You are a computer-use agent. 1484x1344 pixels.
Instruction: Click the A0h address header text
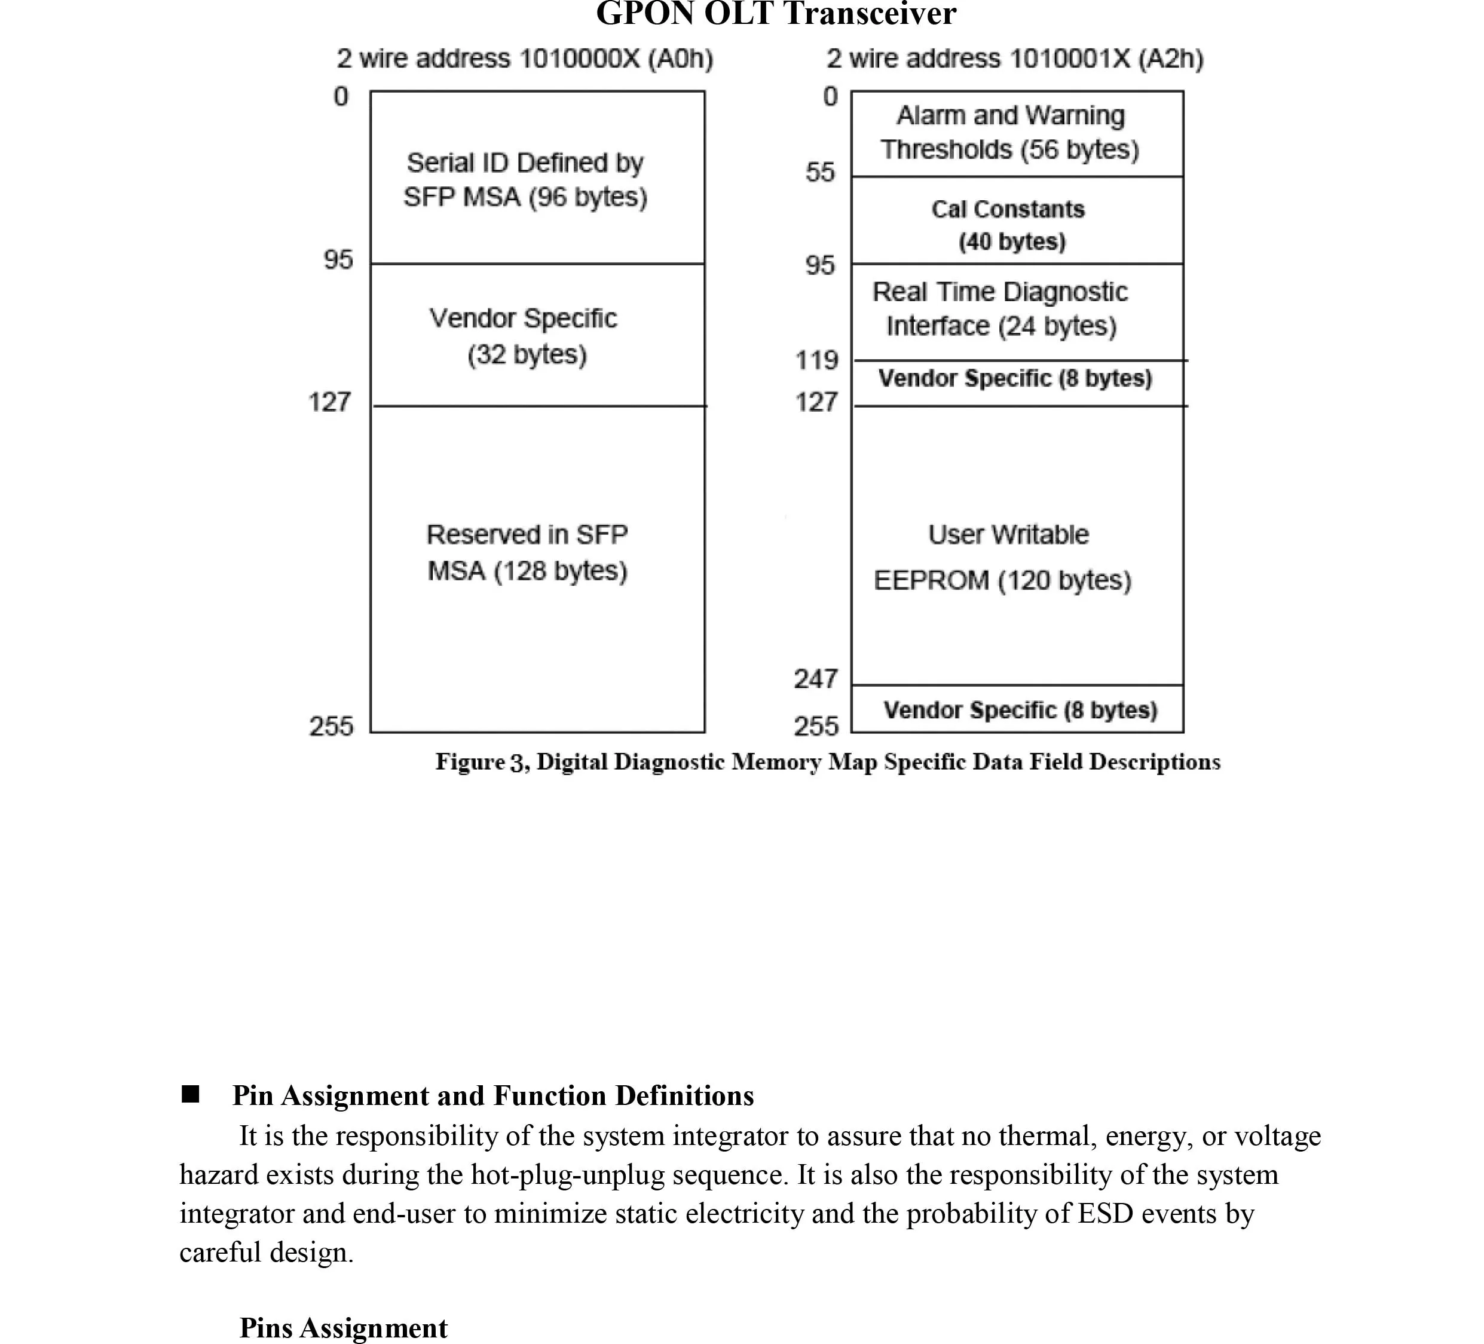(525, 59)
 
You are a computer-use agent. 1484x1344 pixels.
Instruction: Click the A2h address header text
(1014, 59)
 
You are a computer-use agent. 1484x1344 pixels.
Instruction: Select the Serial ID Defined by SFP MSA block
(537, 178)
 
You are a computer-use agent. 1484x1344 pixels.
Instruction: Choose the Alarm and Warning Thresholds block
(1017, 133)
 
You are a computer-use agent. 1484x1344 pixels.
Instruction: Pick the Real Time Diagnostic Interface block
(1017, 310)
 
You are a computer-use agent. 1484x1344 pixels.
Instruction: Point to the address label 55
(820, 172)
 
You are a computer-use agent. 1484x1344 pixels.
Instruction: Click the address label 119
(817, 360)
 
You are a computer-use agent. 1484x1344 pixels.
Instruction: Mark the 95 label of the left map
(338, 260)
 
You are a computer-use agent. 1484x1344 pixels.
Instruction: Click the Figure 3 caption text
(827, 762)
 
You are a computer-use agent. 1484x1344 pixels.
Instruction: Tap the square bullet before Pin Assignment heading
(191, 1094)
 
